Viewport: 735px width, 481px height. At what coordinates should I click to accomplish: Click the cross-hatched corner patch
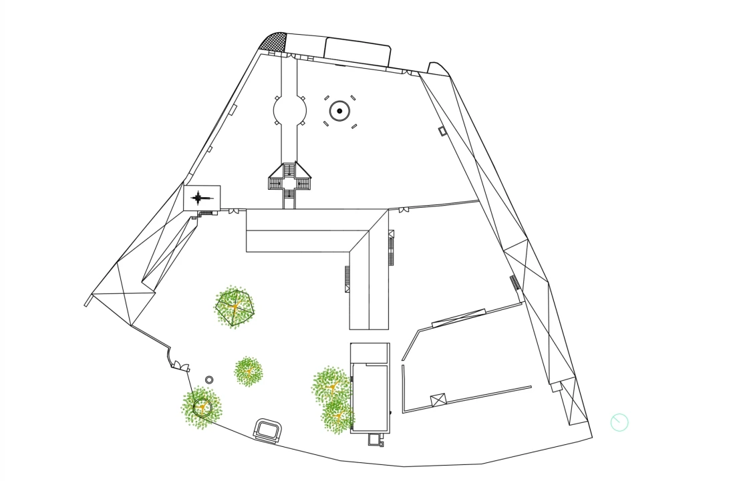tap(275, 43)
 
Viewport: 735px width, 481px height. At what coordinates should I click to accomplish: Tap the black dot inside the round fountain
tap(339, 111)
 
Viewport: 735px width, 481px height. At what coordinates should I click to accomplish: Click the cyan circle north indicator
tap(619, 422)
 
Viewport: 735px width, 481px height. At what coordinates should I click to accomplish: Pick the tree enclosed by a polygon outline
tap(235, 307)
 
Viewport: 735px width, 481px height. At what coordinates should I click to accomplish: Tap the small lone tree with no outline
tap(249, 371)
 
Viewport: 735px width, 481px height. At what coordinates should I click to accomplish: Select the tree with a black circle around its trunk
tap(202, 406)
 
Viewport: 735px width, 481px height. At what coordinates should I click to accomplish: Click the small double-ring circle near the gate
tap(209, 379)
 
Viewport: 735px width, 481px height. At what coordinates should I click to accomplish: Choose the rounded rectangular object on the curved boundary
tap(269, 429)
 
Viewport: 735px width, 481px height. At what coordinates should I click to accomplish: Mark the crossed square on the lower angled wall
tap(437, 399)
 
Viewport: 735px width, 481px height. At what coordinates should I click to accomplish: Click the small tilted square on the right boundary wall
tap(442, 130)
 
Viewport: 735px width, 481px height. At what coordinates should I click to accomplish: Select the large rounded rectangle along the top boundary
tap(357, 51)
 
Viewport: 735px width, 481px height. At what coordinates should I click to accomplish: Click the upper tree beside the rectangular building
tap(331, 385)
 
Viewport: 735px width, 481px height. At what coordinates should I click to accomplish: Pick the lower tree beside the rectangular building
tap(337, 416)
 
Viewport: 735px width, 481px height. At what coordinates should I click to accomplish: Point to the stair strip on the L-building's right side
tap(392, 248)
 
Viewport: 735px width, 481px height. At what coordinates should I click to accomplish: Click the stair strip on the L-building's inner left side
tap(347, 279)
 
